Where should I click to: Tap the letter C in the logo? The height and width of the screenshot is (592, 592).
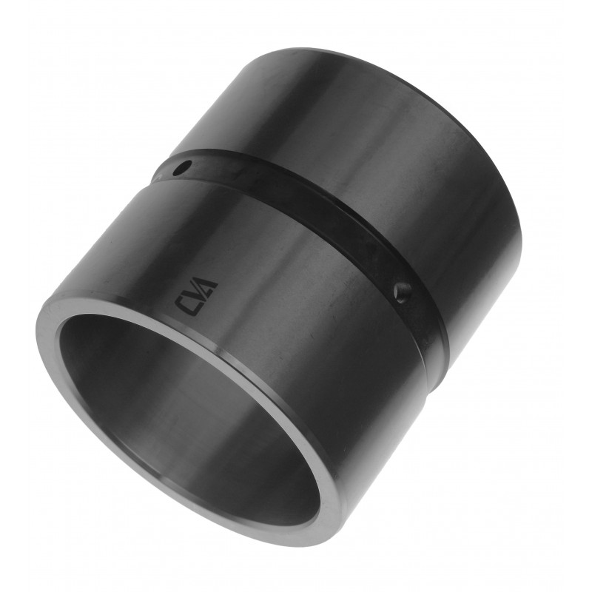(x=184, y=305)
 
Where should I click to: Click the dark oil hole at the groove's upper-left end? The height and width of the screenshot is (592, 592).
(x=181, y=168)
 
